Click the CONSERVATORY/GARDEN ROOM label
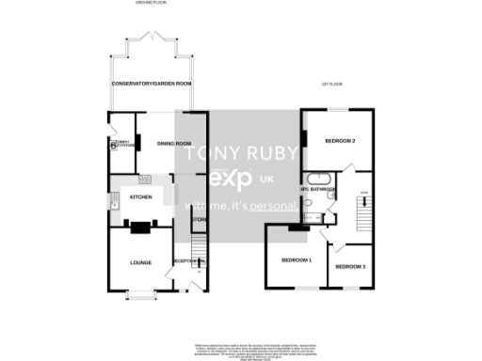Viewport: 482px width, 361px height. (152, 84)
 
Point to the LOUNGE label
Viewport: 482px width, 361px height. (141, 263)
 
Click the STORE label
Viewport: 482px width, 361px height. (199, 221)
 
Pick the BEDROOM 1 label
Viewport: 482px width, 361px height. (296, 259)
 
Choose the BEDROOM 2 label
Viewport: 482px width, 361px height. (339, 141)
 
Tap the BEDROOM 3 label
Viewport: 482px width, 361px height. (350, 267)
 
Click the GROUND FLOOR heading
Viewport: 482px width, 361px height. (151, 4)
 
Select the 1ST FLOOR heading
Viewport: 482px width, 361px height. (331, 84)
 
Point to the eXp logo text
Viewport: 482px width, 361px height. (232, 179)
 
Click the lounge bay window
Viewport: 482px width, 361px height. (141, 296)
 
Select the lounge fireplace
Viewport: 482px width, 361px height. (140, 226)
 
